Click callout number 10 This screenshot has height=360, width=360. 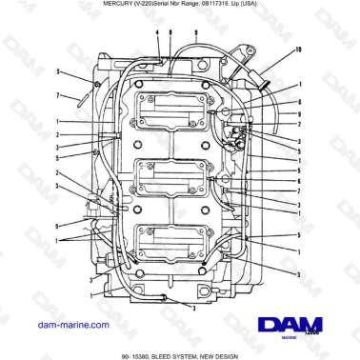pyautogui.click(x=298, y=48)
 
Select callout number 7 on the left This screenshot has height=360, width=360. pyautogui.click(x=58, y=95)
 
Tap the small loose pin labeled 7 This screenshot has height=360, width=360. pyautogui.click(x=84, y=93)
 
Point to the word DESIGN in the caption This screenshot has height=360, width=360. pyautogui.click(x=250, y=355)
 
